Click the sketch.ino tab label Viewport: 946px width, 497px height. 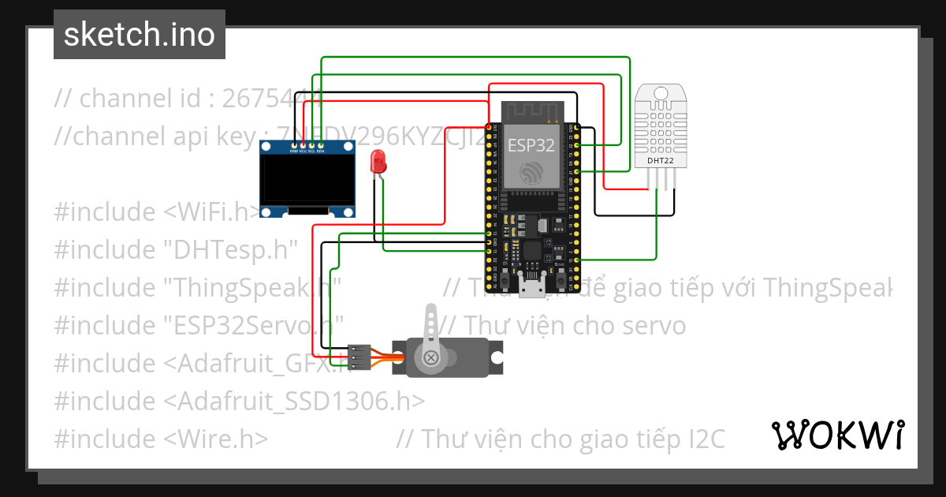(139, 35)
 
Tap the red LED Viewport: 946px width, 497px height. (378, 163)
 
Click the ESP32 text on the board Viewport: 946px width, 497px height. (531, 144)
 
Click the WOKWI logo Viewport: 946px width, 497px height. (836, 435)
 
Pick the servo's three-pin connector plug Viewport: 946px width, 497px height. (359, 357)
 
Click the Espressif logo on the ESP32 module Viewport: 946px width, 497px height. (531, 173)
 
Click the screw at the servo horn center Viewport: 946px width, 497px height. (431, 359)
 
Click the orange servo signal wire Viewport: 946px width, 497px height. (387, 357)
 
